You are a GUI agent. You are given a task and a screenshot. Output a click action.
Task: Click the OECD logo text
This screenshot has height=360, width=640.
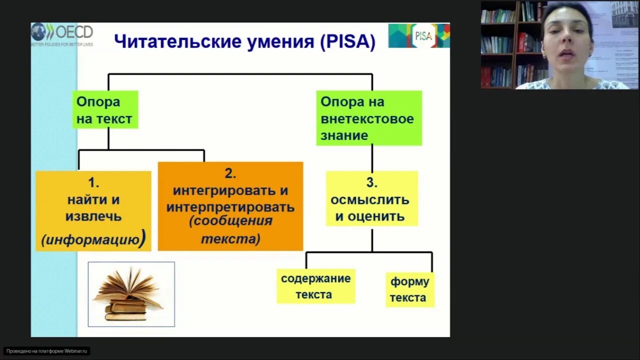point(74,32)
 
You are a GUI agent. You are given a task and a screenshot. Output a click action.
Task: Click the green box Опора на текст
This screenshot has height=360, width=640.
point(105,110)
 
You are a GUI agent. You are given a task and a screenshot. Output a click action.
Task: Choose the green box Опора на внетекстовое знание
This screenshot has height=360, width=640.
point(369,118)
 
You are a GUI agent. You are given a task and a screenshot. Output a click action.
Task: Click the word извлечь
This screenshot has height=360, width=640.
point(93,216)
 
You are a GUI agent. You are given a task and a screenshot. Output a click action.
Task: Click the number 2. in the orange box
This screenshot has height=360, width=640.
point(230,173)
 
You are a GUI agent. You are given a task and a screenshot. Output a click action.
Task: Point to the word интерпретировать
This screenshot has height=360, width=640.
point(230,207)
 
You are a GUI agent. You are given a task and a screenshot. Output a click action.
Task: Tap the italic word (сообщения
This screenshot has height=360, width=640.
point(230,221)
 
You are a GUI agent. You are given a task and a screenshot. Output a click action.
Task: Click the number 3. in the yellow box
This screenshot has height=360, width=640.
point(371,182)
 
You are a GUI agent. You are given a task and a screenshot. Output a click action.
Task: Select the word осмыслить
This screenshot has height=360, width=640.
point(370,199)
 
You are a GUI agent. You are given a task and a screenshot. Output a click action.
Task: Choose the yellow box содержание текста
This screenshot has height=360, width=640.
point(315,286)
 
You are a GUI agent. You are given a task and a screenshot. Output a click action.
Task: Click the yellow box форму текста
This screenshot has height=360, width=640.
point(409,289)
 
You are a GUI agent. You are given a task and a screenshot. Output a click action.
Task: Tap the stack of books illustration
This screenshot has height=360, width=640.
point(131,294)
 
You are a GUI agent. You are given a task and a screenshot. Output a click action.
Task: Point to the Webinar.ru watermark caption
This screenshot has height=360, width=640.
point(47,351)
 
